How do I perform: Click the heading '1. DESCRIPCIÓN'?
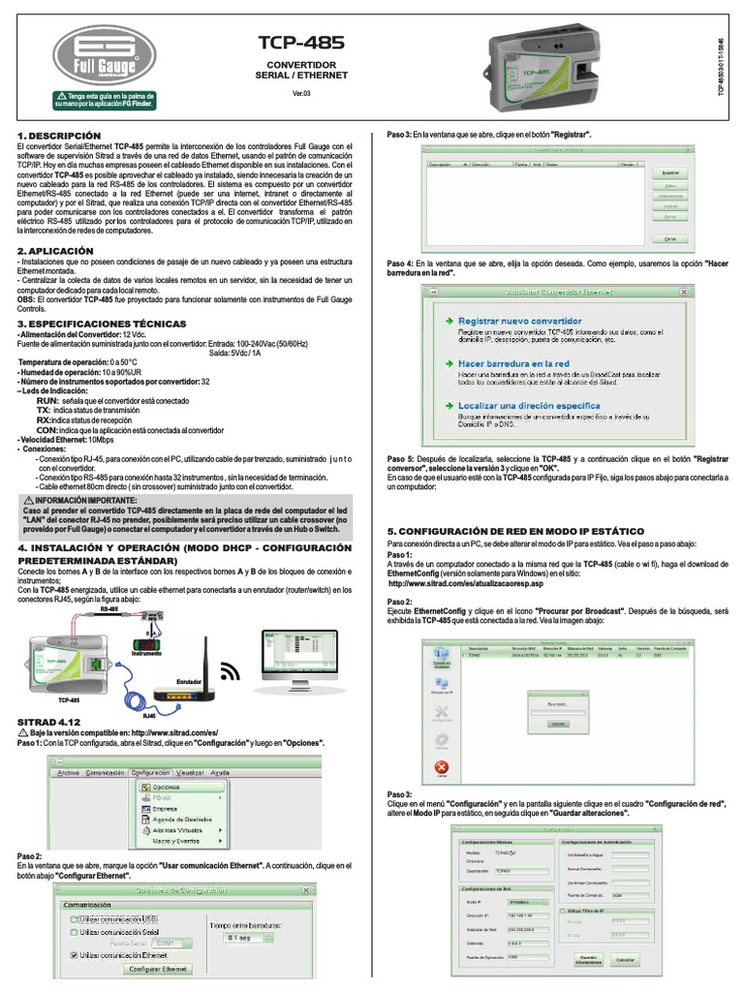click(x=59, y=135)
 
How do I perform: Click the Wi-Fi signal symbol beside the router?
click(x=231, y=670)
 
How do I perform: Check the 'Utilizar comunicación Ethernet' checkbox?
click(x=74, y=954)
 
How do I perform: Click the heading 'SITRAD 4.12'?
click(x=49, y=723)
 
